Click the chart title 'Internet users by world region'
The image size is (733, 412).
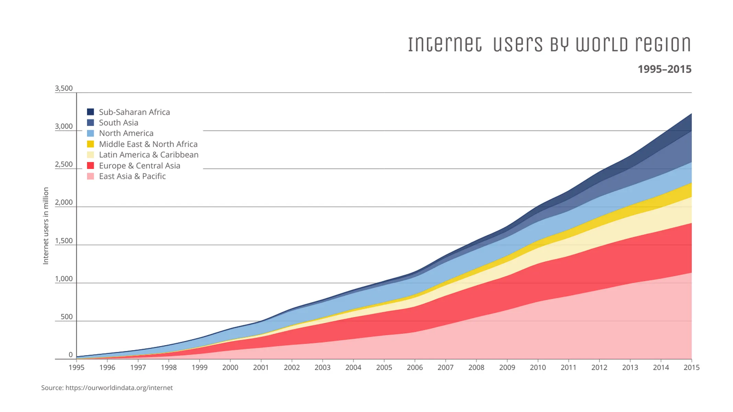(x=549, y=45)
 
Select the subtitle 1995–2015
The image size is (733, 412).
(x=664, y=69)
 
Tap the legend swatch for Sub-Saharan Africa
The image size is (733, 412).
(x=90, y=112)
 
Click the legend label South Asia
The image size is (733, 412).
(x=118, y=123)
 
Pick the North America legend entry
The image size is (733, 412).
(x=126, y=133)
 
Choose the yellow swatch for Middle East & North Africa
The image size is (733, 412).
(x=90, y=144)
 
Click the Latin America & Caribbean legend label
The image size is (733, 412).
(x=148, y=155)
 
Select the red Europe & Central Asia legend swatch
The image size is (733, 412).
(x=90, y=165)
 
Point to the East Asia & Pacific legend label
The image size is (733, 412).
(x=132, y=176)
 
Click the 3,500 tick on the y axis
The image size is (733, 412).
(x=64, y=88)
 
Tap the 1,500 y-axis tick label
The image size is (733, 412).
(x=64, y=241)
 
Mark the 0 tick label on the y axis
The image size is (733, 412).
(x=70, y=355)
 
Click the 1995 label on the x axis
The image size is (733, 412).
(x=76, y=367)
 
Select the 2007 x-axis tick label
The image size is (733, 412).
(x=445, y=367)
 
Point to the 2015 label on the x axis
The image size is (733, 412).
(x=691, y=367)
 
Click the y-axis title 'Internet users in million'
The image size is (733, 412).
(x=46, y=226)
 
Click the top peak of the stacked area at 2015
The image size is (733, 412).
(x=691, y=114)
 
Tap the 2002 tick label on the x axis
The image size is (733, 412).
(x=292, y=367)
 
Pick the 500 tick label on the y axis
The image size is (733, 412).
(x=66, y=317)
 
